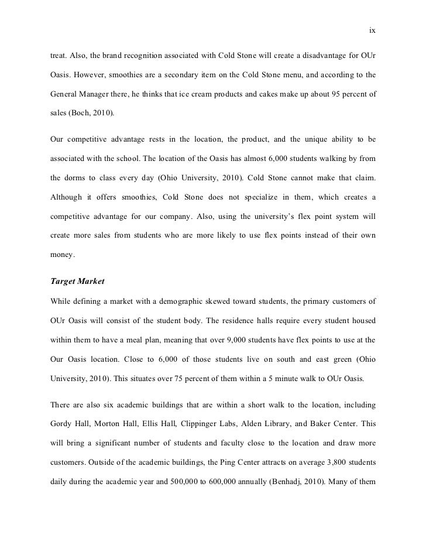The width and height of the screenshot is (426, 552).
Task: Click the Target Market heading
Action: [78, 282]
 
